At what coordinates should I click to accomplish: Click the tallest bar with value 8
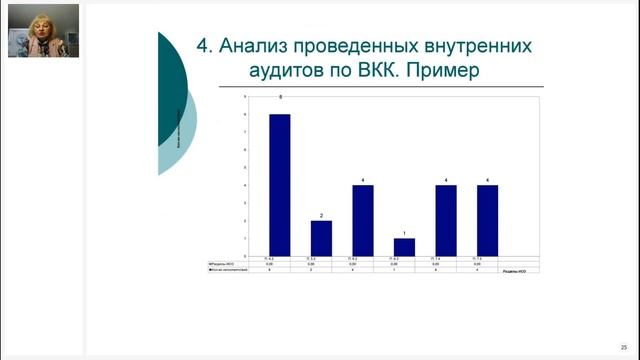(x=280, y=185)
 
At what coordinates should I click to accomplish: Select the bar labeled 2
(x=321, y=238)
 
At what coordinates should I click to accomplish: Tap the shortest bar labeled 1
(x=404, y=247)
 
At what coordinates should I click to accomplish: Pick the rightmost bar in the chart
(x=487, y=220)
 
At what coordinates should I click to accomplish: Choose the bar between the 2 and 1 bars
(x=363, y=220)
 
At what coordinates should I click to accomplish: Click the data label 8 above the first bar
(x=280, y=98)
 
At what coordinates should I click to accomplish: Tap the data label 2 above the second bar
(x=321, y=215)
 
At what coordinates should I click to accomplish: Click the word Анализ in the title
(x=259, y=46)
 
